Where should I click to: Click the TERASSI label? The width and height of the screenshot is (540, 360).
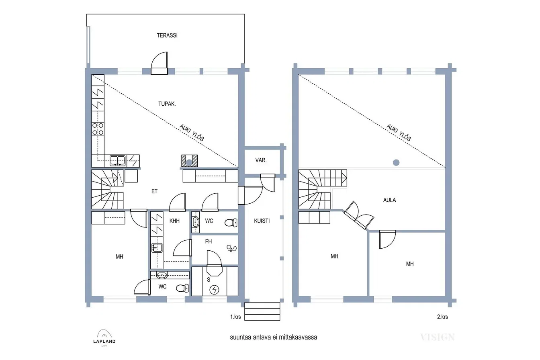167,35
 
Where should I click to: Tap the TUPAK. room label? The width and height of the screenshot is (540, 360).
167,104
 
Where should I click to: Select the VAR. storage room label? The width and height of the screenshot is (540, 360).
261,160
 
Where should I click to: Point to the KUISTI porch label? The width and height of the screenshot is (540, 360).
262,221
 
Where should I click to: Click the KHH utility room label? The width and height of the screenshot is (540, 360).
174,221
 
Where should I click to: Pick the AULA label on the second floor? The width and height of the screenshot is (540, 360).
389,200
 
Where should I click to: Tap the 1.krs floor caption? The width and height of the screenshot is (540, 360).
235,317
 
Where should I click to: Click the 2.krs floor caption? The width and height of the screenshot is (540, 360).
442,317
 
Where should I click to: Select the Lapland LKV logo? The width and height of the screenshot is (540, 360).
104,338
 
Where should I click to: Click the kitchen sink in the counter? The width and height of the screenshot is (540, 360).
118,161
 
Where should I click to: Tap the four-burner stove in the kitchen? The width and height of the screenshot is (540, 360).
98,129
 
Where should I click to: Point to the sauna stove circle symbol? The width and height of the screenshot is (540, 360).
214,290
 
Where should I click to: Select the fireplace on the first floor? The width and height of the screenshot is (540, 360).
190,161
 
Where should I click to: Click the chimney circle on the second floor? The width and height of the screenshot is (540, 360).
396,162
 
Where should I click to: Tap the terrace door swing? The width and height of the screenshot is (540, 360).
159,63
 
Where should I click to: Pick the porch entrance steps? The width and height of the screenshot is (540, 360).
262,311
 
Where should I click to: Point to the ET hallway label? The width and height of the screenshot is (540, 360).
154,192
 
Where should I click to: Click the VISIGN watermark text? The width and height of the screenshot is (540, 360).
437,337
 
